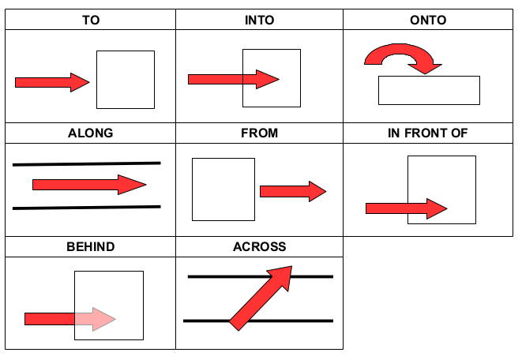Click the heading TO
90,20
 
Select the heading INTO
260,20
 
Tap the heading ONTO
429,20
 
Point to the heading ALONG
90,133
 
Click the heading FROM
260,133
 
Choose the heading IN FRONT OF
429,133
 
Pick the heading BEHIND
90,247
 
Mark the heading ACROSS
260,247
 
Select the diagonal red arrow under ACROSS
261,297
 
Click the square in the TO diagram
125,79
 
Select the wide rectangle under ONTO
429,90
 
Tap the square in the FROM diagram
223,189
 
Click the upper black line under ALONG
87,164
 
